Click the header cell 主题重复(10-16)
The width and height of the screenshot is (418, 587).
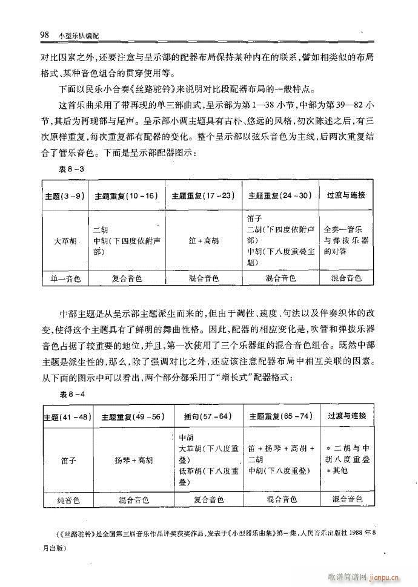pos(126,196)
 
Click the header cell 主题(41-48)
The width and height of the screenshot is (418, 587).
pos(67,417)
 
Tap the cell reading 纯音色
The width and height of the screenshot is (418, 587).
pos(67,500)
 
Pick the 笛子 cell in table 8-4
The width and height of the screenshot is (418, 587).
pos(67,460)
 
